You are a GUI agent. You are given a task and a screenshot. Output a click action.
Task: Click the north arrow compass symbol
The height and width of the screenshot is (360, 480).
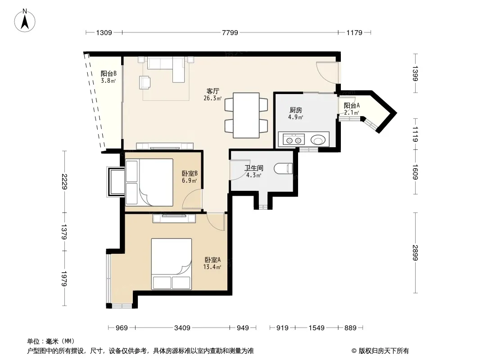25,20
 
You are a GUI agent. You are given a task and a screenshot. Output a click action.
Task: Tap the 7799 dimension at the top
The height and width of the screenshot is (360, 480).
230,32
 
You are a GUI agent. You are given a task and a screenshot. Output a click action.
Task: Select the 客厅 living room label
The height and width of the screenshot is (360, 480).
213,91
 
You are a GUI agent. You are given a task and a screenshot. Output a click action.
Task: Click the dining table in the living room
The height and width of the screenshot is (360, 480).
246,115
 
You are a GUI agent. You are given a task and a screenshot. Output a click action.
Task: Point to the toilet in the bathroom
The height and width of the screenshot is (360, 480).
283,169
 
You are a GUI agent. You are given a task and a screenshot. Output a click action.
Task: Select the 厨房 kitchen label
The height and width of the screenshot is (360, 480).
296,110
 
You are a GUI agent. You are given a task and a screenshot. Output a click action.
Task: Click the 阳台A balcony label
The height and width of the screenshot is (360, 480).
351,105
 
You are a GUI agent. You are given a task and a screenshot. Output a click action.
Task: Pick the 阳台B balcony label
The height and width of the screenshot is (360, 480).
109,74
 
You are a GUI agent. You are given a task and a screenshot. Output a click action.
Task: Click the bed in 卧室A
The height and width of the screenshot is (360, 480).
172,264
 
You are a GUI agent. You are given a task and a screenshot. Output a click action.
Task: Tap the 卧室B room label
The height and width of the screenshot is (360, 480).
190,173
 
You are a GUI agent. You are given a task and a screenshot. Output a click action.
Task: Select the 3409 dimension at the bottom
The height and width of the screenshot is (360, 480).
182,328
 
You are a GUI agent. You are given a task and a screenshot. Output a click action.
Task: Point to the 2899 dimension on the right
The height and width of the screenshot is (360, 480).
415,252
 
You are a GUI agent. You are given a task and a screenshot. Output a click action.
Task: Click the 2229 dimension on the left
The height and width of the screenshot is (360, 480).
64,182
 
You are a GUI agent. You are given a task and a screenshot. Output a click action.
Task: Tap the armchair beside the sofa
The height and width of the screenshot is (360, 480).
145,82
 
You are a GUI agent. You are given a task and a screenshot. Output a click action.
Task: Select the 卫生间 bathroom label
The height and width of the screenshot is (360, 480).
254,168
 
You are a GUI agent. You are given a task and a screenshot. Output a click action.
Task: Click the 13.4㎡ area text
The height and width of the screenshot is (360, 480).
212,267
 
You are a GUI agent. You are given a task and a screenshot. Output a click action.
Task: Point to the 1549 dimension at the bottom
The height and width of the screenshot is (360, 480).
316,328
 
